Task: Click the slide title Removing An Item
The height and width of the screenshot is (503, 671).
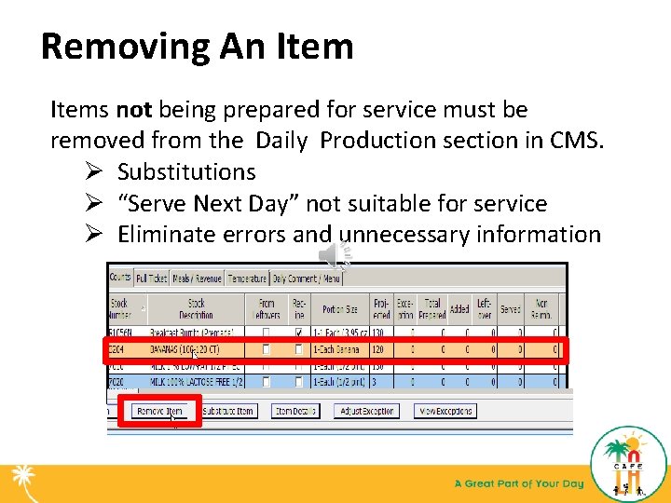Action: click(x=197, y=46)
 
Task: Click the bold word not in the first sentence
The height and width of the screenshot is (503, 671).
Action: click(x=133, y=110)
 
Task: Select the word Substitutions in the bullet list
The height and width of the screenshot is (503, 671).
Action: click(x=186, y=172)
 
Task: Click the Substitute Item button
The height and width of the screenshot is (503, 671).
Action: click(x=228, y=411)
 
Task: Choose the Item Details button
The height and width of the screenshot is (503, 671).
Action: click(x=295, y=411)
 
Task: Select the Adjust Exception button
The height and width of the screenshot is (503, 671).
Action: click(x=366, y=411)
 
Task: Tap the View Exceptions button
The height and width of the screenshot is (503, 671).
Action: click(x=445, y=411)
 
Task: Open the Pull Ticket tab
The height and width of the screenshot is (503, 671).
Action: click(x=152, y=278)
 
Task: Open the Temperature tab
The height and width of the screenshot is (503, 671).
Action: click(x=247, y=278)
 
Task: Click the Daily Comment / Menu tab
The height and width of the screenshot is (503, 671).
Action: click(x=306, y=278)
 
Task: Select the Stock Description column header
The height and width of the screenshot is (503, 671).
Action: click(x=197, y=308)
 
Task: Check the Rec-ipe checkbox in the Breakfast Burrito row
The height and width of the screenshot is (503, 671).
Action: click(x=298, y=333)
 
